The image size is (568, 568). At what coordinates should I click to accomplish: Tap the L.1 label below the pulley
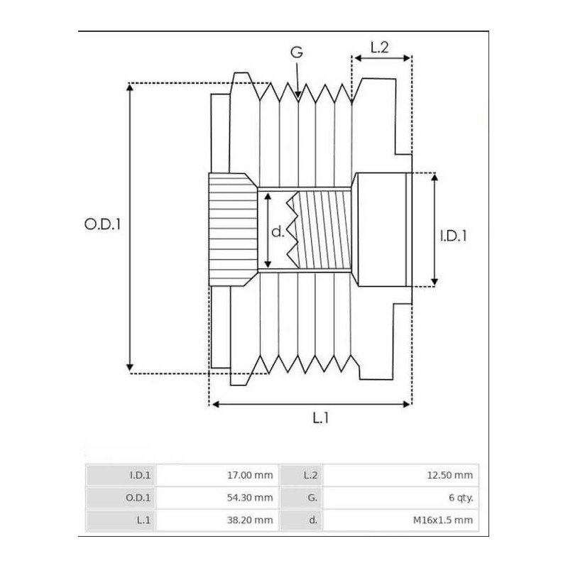click(321, 418)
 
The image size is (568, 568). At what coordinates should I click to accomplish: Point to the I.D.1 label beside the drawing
click(454, 235)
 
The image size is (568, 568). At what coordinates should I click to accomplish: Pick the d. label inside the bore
click(278, 231)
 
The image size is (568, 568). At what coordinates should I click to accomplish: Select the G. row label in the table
click(312, 498)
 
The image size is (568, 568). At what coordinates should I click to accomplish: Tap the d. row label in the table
click(312, 520)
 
